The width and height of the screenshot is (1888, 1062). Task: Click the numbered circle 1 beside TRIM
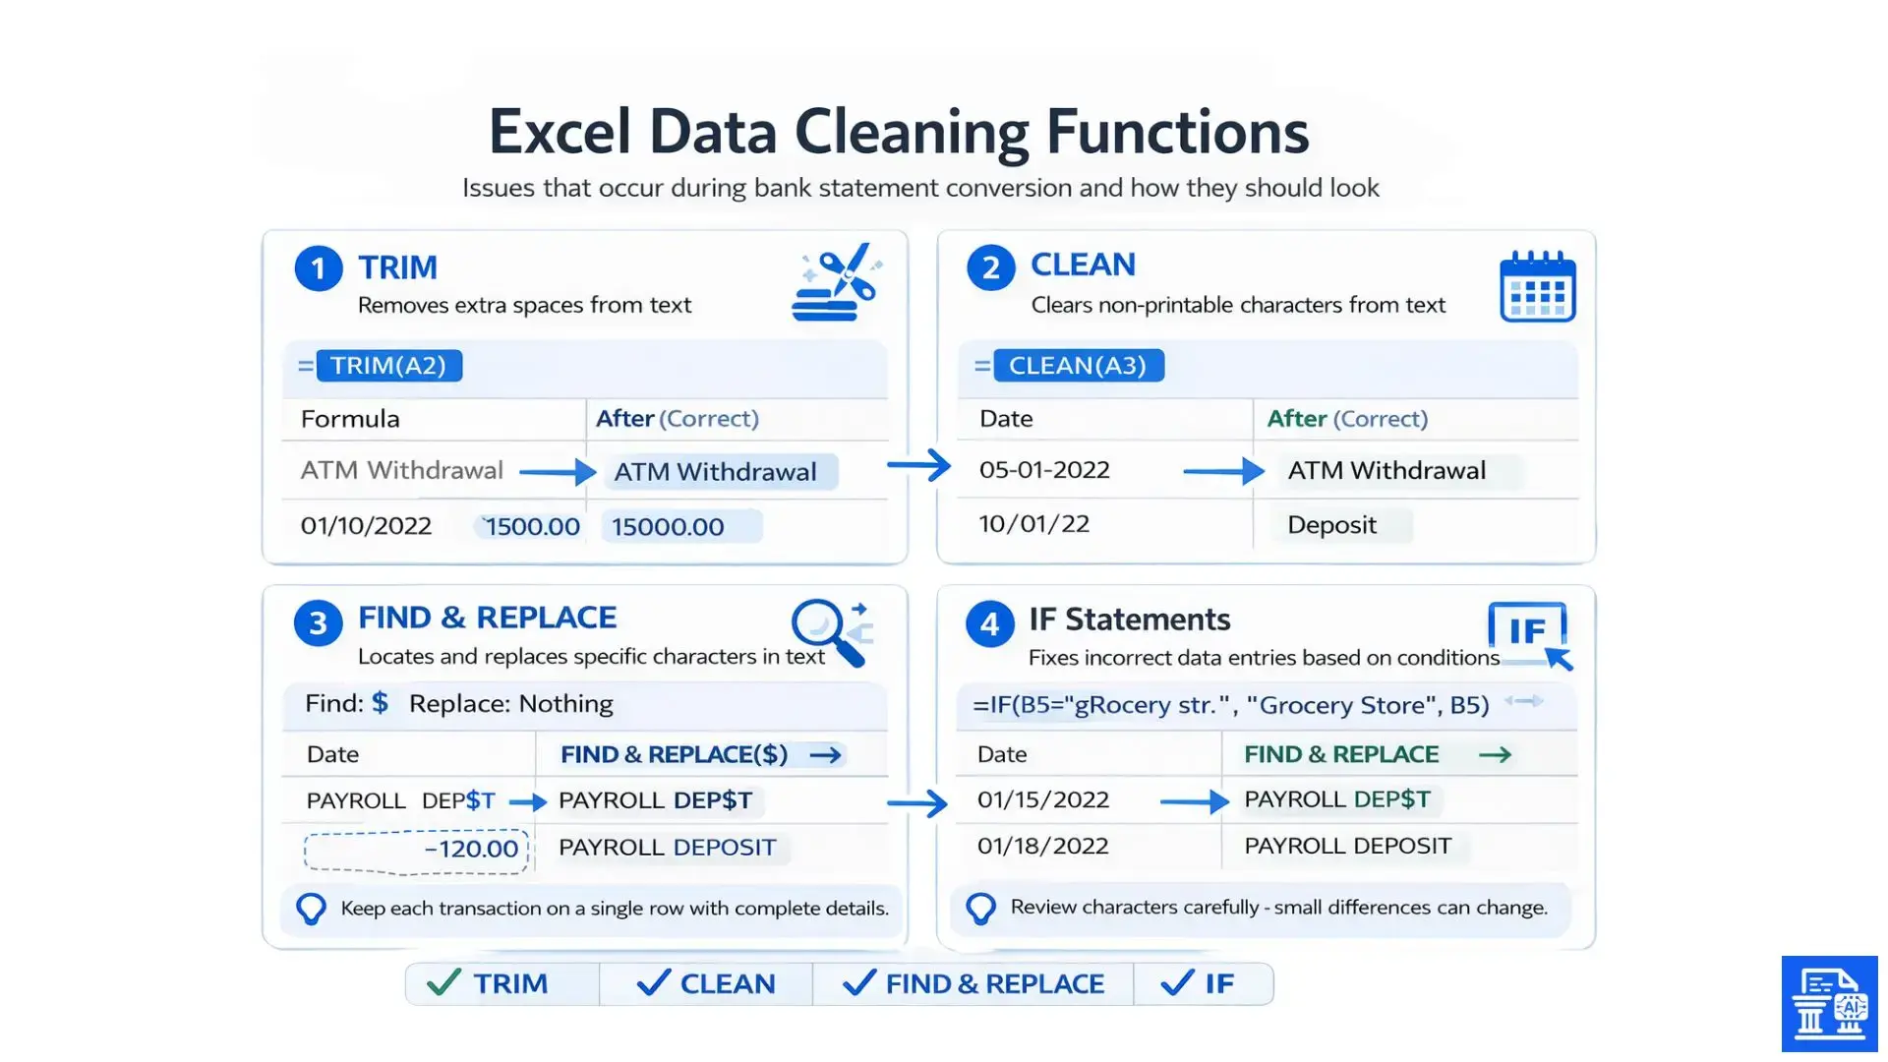click(319, 268)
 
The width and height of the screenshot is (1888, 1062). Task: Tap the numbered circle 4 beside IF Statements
click(989, 623)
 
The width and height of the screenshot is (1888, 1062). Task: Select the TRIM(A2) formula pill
click(388, 366)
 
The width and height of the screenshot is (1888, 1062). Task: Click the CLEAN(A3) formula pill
click(1078, 366)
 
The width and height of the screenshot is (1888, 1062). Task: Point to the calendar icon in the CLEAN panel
click(1537, 287)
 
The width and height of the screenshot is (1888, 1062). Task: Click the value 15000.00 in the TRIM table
click(668, 527)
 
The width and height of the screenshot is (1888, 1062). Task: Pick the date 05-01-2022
click(1044, 470)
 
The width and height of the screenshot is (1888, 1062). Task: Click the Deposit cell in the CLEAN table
click(1331, 525)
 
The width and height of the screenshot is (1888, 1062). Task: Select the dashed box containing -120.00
click(417, 851)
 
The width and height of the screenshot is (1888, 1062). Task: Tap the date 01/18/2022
click(1042, 846)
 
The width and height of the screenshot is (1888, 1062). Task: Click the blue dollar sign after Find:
click(380, 703)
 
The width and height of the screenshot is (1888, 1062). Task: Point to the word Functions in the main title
click(1177, 132)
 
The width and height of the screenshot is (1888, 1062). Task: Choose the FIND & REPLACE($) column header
click(675, 754)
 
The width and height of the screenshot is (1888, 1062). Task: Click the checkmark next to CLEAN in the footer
click(653, 982)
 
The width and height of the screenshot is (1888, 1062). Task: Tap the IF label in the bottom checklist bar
click(1219, 983)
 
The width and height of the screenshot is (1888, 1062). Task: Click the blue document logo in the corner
click(1829, 1004)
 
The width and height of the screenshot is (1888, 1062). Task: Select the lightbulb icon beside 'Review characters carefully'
click(980, 908)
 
